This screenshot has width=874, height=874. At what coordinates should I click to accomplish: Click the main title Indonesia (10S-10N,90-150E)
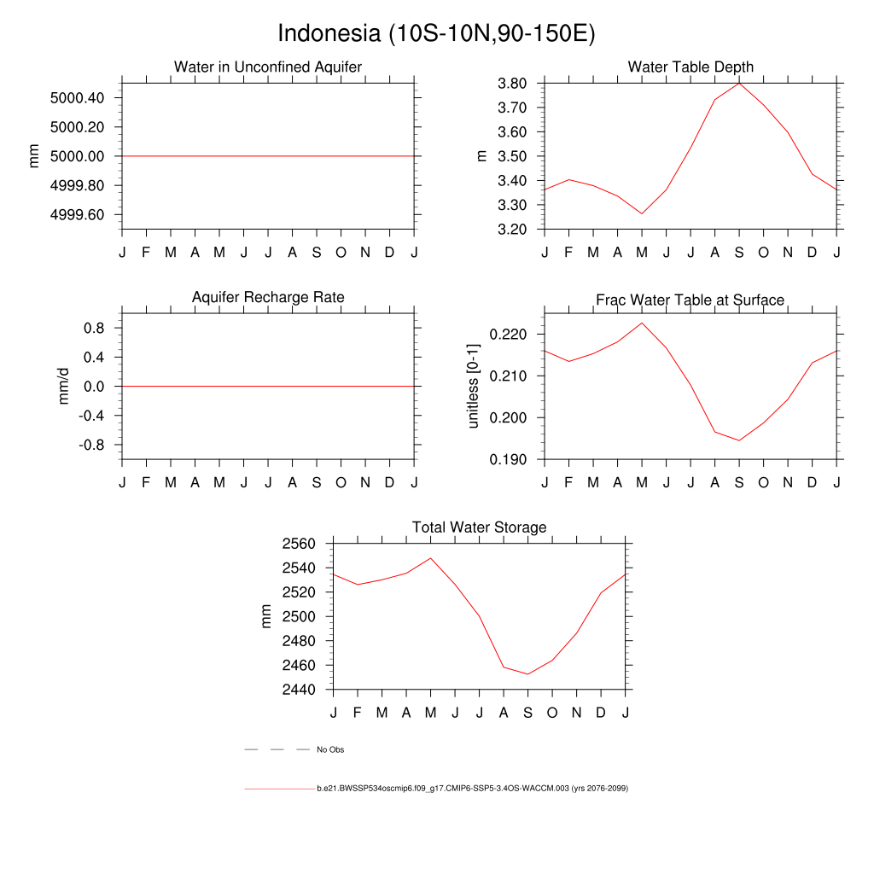pyautogui.click(x=436, y=34)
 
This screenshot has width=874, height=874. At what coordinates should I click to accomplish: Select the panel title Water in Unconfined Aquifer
pyautogui.click(x=268, y=67)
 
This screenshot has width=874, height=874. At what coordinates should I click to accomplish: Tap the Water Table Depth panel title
pyautogui.click(x=690, y=67)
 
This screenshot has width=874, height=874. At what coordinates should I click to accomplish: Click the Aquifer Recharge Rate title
pyautogui.click(x=268, y=297)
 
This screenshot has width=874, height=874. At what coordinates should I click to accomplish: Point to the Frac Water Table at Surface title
pyautogui.click(x=690, y=300)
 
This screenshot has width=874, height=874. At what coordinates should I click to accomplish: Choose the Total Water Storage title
pyautogui.click(x=479, y=527)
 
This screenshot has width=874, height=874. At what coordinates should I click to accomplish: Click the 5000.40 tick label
pyautogui.click(x=77, y=98)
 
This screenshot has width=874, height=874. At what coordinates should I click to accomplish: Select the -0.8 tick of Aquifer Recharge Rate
pyautogui.click(x=90, y=445)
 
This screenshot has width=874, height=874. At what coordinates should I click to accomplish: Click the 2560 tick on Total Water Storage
pyautogui.click(x=299, y=544)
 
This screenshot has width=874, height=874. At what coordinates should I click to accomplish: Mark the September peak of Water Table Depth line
pyautogui.click(x=739, y=83)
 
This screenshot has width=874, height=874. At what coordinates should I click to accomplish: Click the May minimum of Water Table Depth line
pyautogui.click(x=642, y=213)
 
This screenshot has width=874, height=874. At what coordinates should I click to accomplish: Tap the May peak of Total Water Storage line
pyautogui.click(x=430, y=558)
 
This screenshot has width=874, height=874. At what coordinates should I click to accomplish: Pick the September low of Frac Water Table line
pyautogui.click(x=739, y=440)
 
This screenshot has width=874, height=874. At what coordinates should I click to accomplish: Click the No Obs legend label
pyautogui.click(x=330, y=750)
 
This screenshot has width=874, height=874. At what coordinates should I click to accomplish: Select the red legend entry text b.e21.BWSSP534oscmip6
pyautogui.click(x=472, y=789)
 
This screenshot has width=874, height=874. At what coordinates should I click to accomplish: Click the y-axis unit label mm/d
pyautogui.click(x=63, y=387)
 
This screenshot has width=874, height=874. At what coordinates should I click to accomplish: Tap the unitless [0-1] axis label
pyautogui.click(x=474, y=386)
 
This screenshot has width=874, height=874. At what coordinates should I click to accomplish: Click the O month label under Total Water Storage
pyautogui.click(x=552, y=713)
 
